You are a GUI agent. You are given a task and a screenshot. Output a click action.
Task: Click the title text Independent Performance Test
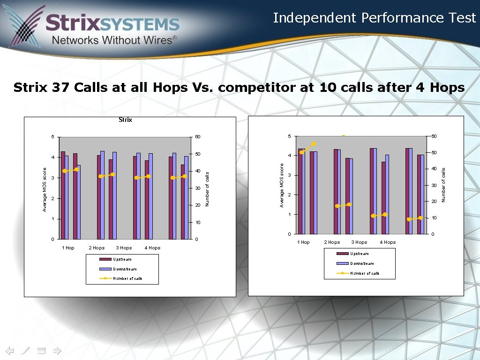pos(374,18)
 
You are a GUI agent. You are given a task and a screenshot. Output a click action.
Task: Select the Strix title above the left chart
pos(125,120)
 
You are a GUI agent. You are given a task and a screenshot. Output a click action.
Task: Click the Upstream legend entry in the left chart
pos(122,259)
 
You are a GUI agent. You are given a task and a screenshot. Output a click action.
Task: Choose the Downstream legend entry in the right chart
pos(361,263)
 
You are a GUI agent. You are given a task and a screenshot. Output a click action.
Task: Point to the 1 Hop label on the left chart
pos(68,248)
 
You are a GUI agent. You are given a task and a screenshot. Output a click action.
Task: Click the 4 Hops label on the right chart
pos(388,242)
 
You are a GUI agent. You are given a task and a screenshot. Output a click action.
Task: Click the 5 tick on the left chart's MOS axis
pos(53,137)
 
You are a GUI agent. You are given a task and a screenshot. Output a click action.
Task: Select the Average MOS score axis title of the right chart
pos(282,185)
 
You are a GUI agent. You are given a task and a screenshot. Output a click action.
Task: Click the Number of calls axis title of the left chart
pos(207,188)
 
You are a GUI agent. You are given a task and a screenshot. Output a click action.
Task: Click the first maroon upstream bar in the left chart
pos(63,195)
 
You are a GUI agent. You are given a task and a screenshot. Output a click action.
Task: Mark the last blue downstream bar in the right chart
pos(422,194)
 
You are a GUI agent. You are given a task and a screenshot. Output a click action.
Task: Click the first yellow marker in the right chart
pos(302,152)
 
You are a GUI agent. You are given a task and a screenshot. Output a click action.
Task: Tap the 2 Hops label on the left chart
pos(97,248)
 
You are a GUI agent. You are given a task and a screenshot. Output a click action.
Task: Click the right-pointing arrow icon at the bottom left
pos(57,350)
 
